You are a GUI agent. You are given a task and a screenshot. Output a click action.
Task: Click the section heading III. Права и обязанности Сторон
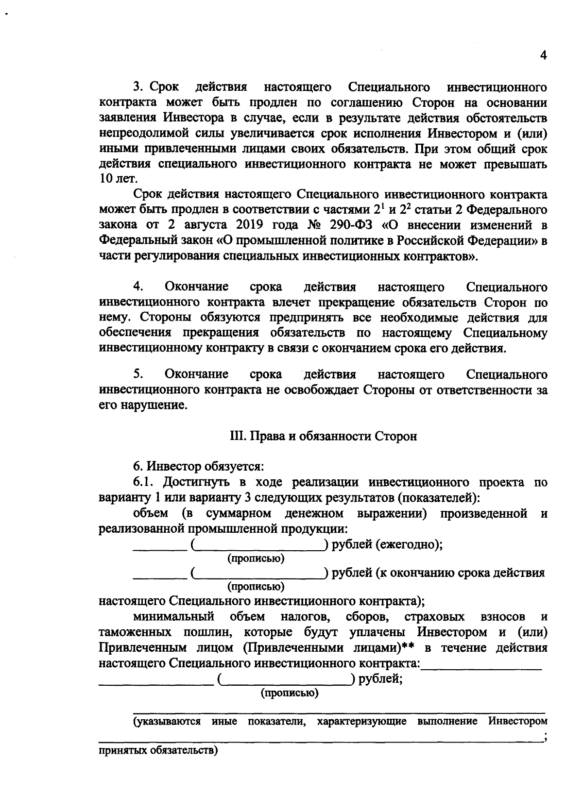point(323,436)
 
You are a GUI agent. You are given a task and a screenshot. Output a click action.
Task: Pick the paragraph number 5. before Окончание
point(138,374)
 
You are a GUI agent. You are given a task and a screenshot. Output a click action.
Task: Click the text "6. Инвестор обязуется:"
point(198,467)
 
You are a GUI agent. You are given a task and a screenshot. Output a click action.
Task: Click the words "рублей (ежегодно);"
point(387,544)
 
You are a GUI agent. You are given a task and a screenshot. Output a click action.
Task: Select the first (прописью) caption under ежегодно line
point(256,558)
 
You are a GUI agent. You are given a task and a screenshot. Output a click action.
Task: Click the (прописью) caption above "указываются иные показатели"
point(290,694)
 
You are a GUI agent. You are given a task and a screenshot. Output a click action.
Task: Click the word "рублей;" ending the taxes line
point(380,679)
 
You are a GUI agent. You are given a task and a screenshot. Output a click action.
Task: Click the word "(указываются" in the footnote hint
point(167,721)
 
